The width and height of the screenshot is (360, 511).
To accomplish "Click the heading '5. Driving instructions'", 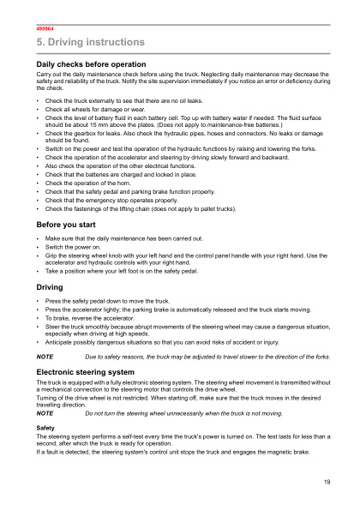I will tap(84, 42).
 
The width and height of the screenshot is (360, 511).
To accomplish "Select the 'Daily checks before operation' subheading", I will tap(91, 64).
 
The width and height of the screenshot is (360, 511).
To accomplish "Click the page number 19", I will tap(327, 484).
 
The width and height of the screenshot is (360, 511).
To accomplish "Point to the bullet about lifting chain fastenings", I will tap(141, 208).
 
